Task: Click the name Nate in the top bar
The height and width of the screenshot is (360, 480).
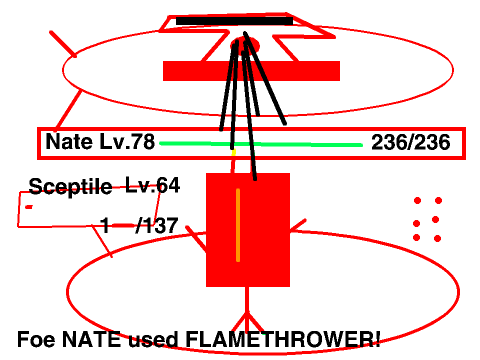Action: pos(69,141)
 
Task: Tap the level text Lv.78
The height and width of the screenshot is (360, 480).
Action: pos(127,141)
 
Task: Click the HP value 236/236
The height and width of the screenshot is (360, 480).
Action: pos(411,142)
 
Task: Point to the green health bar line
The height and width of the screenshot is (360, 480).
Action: pos(261,144)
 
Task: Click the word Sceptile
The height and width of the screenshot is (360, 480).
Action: pos(70,187)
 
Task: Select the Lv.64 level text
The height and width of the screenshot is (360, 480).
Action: pos(153,185)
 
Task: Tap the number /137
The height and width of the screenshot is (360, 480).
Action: pos(157,225)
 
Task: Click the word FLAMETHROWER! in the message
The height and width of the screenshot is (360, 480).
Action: pos(283,339)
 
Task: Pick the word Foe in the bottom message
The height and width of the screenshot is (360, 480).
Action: pos(36,339)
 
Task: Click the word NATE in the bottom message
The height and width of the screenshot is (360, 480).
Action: pos(91,339)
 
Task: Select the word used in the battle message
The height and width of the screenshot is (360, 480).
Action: pos(153,339)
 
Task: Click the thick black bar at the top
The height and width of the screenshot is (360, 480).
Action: pos(234,21)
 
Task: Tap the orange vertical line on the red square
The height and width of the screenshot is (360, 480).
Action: pos(238,225)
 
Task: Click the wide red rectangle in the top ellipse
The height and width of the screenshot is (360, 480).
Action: pos(251,71)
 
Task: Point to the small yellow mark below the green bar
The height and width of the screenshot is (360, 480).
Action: pos(234,153)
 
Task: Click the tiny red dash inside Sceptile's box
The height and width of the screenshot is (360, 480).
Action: pos(29,207)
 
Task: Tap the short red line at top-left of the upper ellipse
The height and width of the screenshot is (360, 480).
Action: pos(63,44)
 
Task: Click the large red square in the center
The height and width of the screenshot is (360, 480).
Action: pos(248,230)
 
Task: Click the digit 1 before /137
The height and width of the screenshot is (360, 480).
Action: pos(105,225)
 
